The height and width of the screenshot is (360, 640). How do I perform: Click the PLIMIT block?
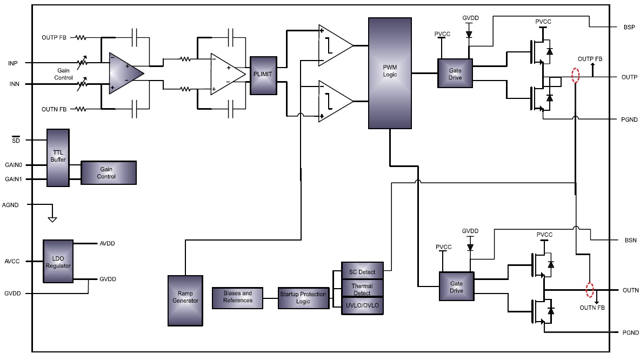(263, 76)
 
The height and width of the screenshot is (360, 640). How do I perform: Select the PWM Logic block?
(390, 72)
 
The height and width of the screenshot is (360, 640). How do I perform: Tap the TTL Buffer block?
(58, 157)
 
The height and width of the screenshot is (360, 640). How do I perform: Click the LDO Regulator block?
(58, 262)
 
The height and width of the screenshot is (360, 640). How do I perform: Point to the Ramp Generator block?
(185, 301)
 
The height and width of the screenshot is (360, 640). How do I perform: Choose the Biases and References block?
(237, 297)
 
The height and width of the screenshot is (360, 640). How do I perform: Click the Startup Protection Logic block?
(303, 297)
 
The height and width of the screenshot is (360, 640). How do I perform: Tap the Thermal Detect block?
(362, 289)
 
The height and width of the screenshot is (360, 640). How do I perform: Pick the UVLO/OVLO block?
(362, 306)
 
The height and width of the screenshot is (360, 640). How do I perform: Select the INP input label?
(14, 63)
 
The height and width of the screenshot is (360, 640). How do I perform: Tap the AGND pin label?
(11, 205)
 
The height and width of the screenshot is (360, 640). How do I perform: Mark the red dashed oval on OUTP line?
(576, 75)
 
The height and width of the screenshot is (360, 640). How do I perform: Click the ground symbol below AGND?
(52, 219)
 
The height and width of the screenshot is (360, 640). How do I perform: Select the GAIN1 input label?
(14, 179)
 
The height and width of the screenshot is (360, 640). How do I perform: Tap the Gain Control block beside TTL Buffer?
(108, 173)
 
